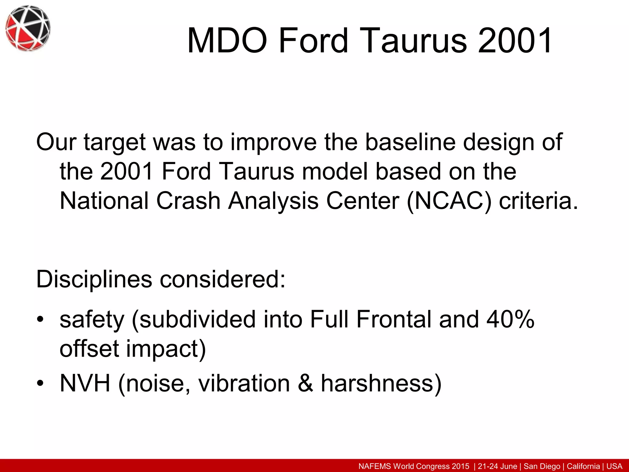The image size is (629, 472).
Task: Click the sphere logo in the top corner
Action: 28,28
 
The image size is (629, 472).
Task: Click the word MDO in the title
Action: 227,41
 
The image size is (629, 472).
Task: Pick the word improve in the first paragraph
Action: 273,143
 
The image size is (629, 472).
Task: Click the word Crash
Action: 188,201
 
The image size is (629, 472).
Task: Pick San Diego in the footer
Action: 542,466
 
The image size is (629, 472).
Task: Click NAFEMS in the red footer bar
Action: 375,466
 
